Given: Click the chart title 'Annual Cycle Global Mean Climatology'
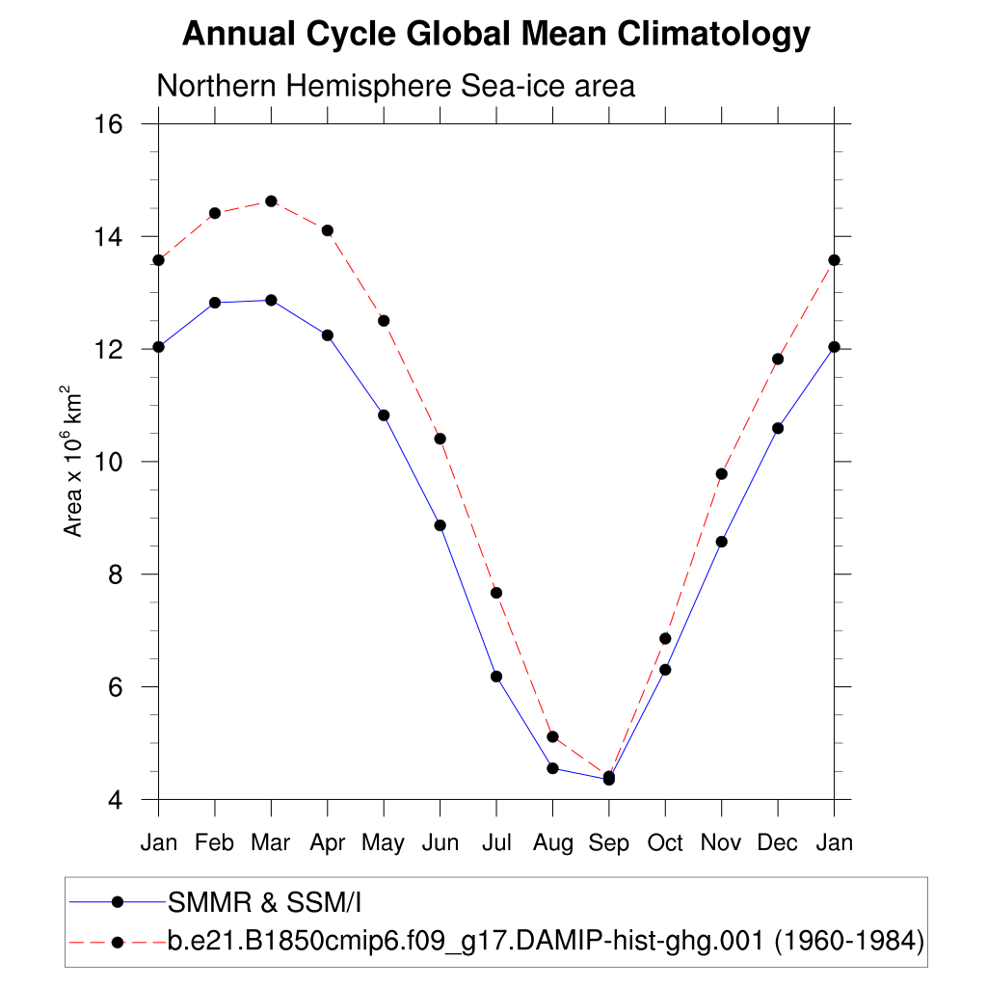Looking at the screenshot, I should pos(496,35).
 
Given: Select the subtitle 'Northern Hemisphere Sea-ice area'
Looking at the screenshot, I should pos(395,86).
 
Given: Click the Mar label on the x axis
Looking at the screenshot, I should pos(271,842).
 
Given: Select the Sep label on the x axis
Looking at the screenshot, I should pos(608,842).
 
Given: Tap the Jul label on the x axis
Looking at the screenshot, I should pos(496,842).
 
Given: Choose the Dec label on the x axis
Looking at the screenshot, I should pos(777,842).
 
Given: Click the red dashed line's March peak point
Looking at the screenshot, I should pos(271,201).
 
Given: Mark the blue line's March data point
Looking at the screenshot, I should pos(271,301).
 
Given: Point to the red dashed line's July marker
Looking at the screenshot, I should pos(496,593).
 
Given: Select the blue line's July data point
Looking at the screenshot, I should pos(496,677).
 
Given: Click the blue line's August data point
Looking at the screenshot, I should pos(552,768).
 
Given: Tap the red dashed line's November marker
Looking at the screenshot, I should pos(721,474).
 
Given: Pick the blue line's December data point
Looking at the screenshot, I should pos(778,428).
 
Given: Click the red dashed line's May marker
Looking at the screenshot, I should pos(384,320).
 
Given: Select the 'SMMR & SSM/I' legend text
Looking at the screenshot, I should pos(264,903).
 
